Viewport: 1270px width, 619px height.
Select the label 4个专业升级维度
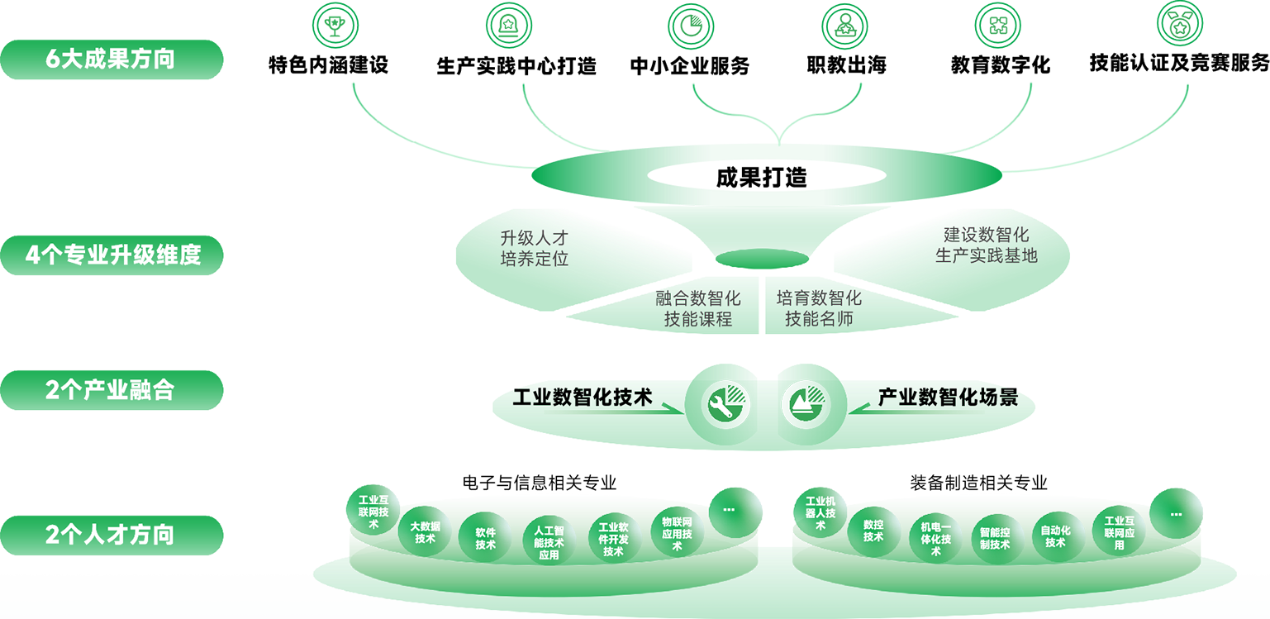point(113,255)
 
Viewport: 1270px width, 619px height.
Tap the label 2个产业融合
point(110,390)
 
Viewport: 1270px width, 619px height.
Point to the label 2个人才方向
point(110,535)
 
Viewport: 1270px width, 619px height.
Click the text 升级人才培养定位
point(535,248)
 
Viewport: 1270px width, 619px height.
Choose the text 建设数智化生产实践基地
point(986,245)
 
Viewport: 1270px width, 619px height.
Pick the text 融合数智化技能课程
point(698,308)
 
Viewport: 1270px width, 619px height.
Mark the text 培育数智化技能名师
point(819,308)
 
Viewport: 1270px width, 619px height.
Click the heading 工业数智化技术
point(583,398)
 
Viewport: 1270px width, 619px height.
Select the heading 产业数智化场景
point(948,398)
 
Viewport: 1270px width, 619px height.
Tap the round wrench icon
point(726,404)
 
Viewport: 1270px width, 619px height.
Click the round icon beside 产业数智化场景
point(806,404)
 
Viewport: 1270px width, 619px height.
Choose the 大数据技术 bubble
point(426,533)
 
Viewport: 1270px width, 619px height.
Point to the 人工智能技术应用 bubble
point(549,542)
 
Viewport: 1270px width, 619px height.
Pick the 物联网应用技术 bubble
point(677,533)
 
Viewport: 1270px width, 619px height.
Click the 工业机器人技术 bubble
point(821,512)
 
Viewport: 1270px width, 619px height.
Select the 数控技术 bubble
point(873,531)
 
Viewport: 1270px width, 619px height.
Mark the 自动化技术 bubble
point(1055,536)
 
